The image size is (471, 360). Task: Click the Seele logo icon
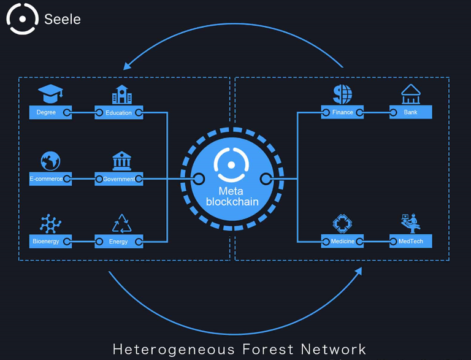22,18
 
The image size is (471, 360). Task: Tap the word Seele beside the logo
62,19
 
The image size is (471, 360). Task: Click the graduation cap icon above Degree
50,94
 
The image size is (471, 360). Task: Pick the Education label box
119,112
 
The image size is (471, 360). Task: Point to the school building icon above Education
121,94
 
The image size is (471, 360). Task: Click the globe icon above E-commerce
50,161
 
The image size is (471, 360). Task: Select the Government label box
119,179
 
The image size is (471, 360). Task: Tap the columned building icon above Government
121,161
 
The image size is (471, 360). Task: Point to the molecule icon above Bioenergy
50,223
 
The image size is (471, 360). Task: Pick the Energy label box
119,242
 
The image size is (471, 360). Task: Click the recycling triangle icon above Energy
121,223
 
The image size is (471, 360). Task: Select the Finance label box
342,112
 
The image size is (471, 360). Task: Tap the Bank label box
410,112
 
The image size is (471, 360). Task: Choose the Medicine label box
342,242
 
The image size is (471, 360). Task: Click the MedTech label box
410,242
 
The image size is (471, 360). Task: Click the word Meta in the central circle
231,191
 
